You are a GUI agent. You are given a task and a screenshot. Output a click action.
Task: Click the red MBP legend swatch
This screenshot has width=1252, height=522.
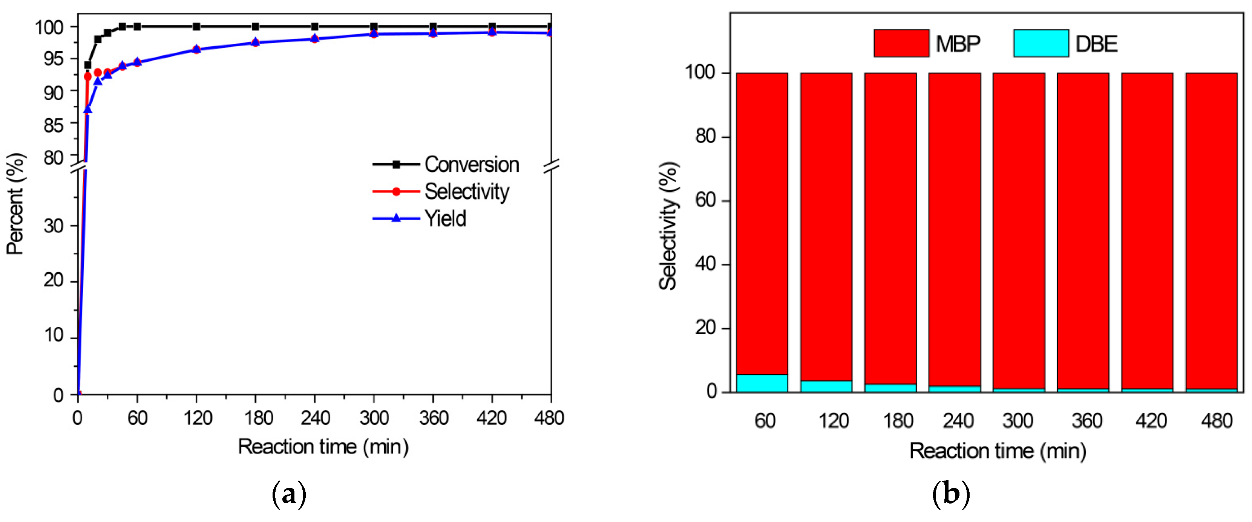tap(901, 43)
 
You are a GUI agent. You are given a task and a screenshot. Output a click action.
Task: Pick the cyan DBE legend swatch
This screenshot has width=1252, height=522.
tap(1041, 43)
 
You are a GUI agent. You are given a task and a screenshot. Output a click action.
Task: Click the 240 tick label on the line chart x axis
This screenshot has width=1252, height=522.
tap(315, 418)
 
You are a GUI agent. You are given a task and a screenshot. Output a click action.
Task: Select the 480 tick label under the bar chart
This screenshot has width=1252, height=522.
tap(1216, 421)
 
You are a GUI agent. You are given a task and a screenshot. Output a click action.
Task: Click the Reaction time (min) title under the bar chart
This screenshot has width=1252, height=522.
tap(997, 451)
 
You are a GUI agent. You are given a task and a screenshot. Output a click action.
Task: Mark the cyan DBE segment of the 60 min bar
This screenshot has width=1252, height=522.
tap(762, 383)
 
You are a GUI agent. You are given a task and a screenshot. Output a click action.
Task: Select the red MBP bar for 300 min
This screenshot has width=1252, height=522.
tap(1019, 228)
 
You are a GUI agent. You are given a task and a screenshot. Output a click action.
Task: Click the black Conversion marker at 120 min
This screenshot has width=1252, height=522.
tap(196, 26)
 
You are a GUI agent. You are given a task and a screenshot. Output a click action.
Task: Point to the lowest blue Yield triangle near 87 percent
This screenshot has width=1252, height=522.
tap(87, 110)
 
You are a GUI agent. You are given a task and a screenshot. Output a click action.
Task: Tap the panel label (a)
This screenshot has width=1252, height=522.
tap(289, 495)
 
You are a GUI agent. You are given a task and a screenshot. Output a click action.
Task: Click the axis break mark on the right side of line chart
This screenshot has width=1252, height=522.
tap(551, 166)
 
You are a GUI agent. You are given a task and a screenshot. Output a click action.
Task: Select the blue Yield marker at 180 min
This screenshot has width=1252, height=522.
tap(256, 42)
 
